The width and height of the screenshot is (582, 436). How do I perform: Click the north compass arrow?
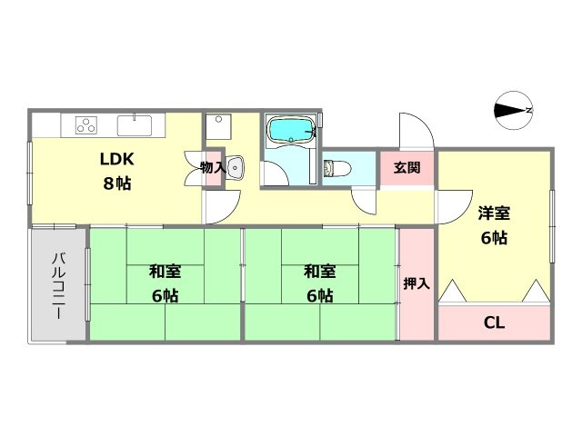513,111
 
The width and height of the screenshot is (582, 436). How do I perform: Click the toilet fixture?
336,168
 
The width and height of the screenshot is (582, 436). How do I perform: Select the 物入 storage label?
213,167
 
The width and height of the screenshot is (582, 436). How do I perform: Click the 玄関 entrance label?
406,168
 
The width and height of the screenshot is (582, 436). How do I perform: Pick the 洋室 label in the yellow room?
495,214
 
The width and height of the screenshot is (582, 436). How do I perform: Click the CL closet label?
494,322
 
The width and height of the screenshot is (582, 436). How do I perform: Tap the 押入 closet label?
416,283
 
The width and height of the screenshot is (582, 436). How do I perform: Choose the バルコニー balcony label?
56,283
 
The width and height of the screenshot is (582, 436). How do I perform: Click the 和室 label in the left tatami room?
165,271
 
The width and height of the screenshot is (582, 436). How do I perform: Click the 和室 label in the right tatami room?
319,271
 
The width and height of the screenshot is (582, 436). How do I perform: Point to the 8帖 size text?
116,183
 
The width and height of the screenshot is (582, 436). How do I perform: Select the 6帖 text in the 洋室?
495,238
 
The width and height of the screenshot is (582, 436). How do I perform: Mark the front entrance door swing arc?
414,130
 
